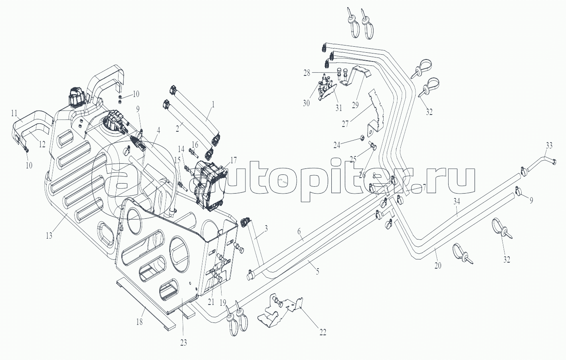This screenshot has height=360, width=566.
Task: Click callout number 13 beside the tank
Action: point(49,235)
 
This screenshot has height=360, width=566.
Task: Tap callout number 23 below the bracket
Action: point(183,342)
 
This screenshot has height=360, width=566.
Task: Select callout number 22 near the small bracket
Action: point(323,332)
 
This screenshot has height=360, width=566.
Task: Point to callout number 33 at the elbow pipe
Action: point(549,146)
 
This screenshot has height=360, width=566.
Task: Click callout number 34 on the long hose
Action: point(457,202)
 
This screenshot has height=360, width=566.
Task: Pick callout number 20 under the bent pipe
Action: point(438,265)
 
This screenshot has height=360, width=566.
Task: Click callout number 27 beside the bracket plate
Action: point(345,124)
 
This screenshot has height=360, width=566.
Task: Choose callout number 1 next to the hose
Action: point(213,105)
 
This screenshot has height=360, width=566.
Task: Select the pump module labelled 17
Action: point(210,186)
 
